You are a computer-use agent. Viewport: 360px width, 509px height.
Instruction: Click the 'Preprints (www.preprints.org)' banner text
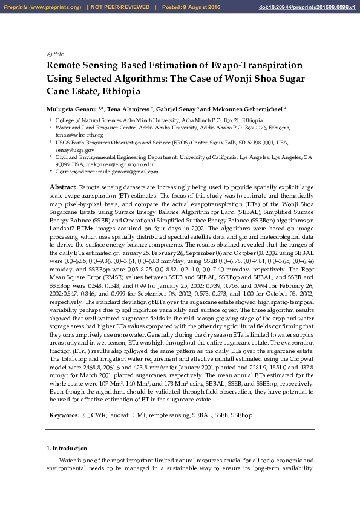pyautogui.click(x=42, y=7)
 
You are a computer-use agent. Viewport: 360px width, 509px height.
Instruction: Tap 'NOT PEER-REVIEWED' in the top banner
pyautogui.click(x=121, y=7)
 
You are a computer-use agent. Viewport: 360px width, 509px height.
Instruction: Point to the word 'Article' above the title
pyautogui.click(x=54, y=54)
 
